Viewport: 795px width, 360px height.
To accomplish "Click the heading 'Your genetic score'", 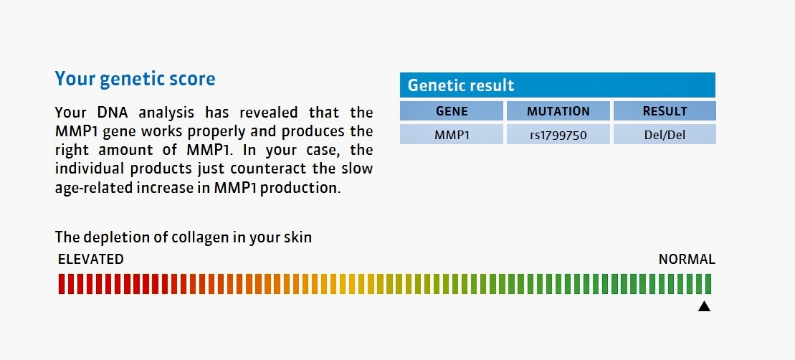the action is [135, 80].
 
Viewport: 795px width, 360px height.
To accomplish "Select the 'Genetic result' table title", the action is [461, 85].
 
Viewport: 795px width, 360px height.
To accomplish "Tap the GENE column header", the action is [452, 111].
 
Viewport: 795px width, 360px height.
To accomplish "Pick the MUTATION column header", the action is [558, 111].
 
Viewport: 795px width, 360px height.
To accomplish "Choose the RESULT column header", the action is [665, 111].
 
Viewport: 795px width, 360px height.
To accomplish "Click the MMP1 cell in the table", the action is [452, 136].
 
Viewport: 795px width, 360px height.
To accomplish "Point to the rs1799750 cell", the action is [558, 136].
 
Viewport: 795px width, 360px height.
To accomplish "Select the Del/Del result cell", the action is [665, 136].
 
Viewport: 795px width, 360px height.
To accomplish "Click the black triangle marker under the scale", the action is [704, 306].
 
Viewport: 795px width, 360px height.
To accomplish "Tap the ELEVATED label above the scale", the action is [91, 260].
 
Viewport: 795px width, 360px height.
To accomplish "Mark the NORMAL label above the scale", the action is [687, 260].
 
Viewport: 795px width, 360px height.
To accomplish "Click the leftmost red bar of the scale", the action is [62, 284].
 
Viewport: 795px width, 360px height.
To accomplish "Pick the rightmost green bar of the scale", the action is [708, 284].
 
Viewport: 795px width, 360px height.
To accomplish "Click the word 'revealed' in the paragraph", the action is [259, 112].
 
